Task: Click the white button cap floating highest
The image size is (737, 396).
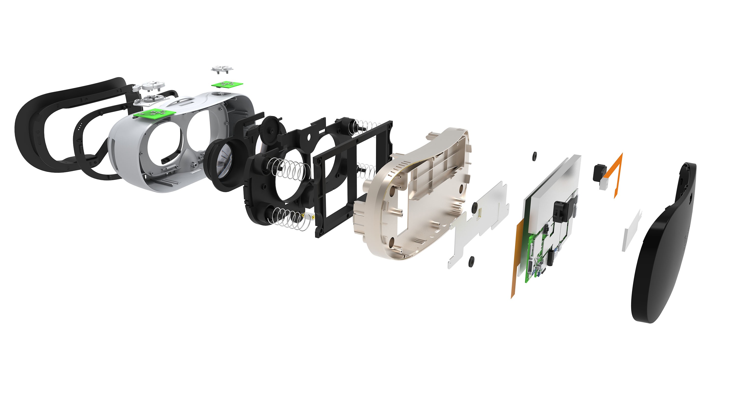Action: coord(222,69)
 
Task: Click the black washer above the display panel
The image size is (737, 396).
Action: coord(534,156)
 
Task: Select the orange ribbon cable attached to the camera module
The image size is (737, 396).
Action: coord(618,172)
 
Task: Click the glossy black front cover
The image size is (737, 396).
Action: coord(667,257)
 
